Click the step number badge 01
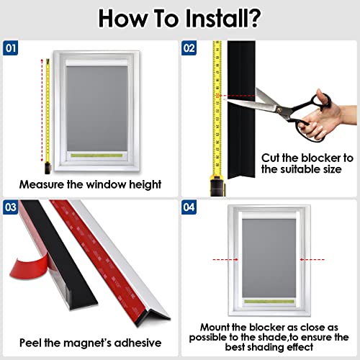[10, 48]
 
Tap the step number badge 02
[189, 48]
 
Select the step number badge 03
[10, 207]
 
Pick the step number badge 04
[189, 207]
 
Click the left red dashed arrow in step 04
[225, 259]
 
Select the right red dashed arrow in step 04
[312, 259]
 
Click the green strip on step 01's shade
[96, 156]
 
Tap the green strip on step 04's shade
[269, 302]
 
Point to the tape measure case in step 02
[217, 185]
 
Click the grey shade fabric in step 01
[96, 109]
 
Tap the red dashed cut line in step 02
[239, 96]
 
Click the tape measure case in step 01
[48, 168]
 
